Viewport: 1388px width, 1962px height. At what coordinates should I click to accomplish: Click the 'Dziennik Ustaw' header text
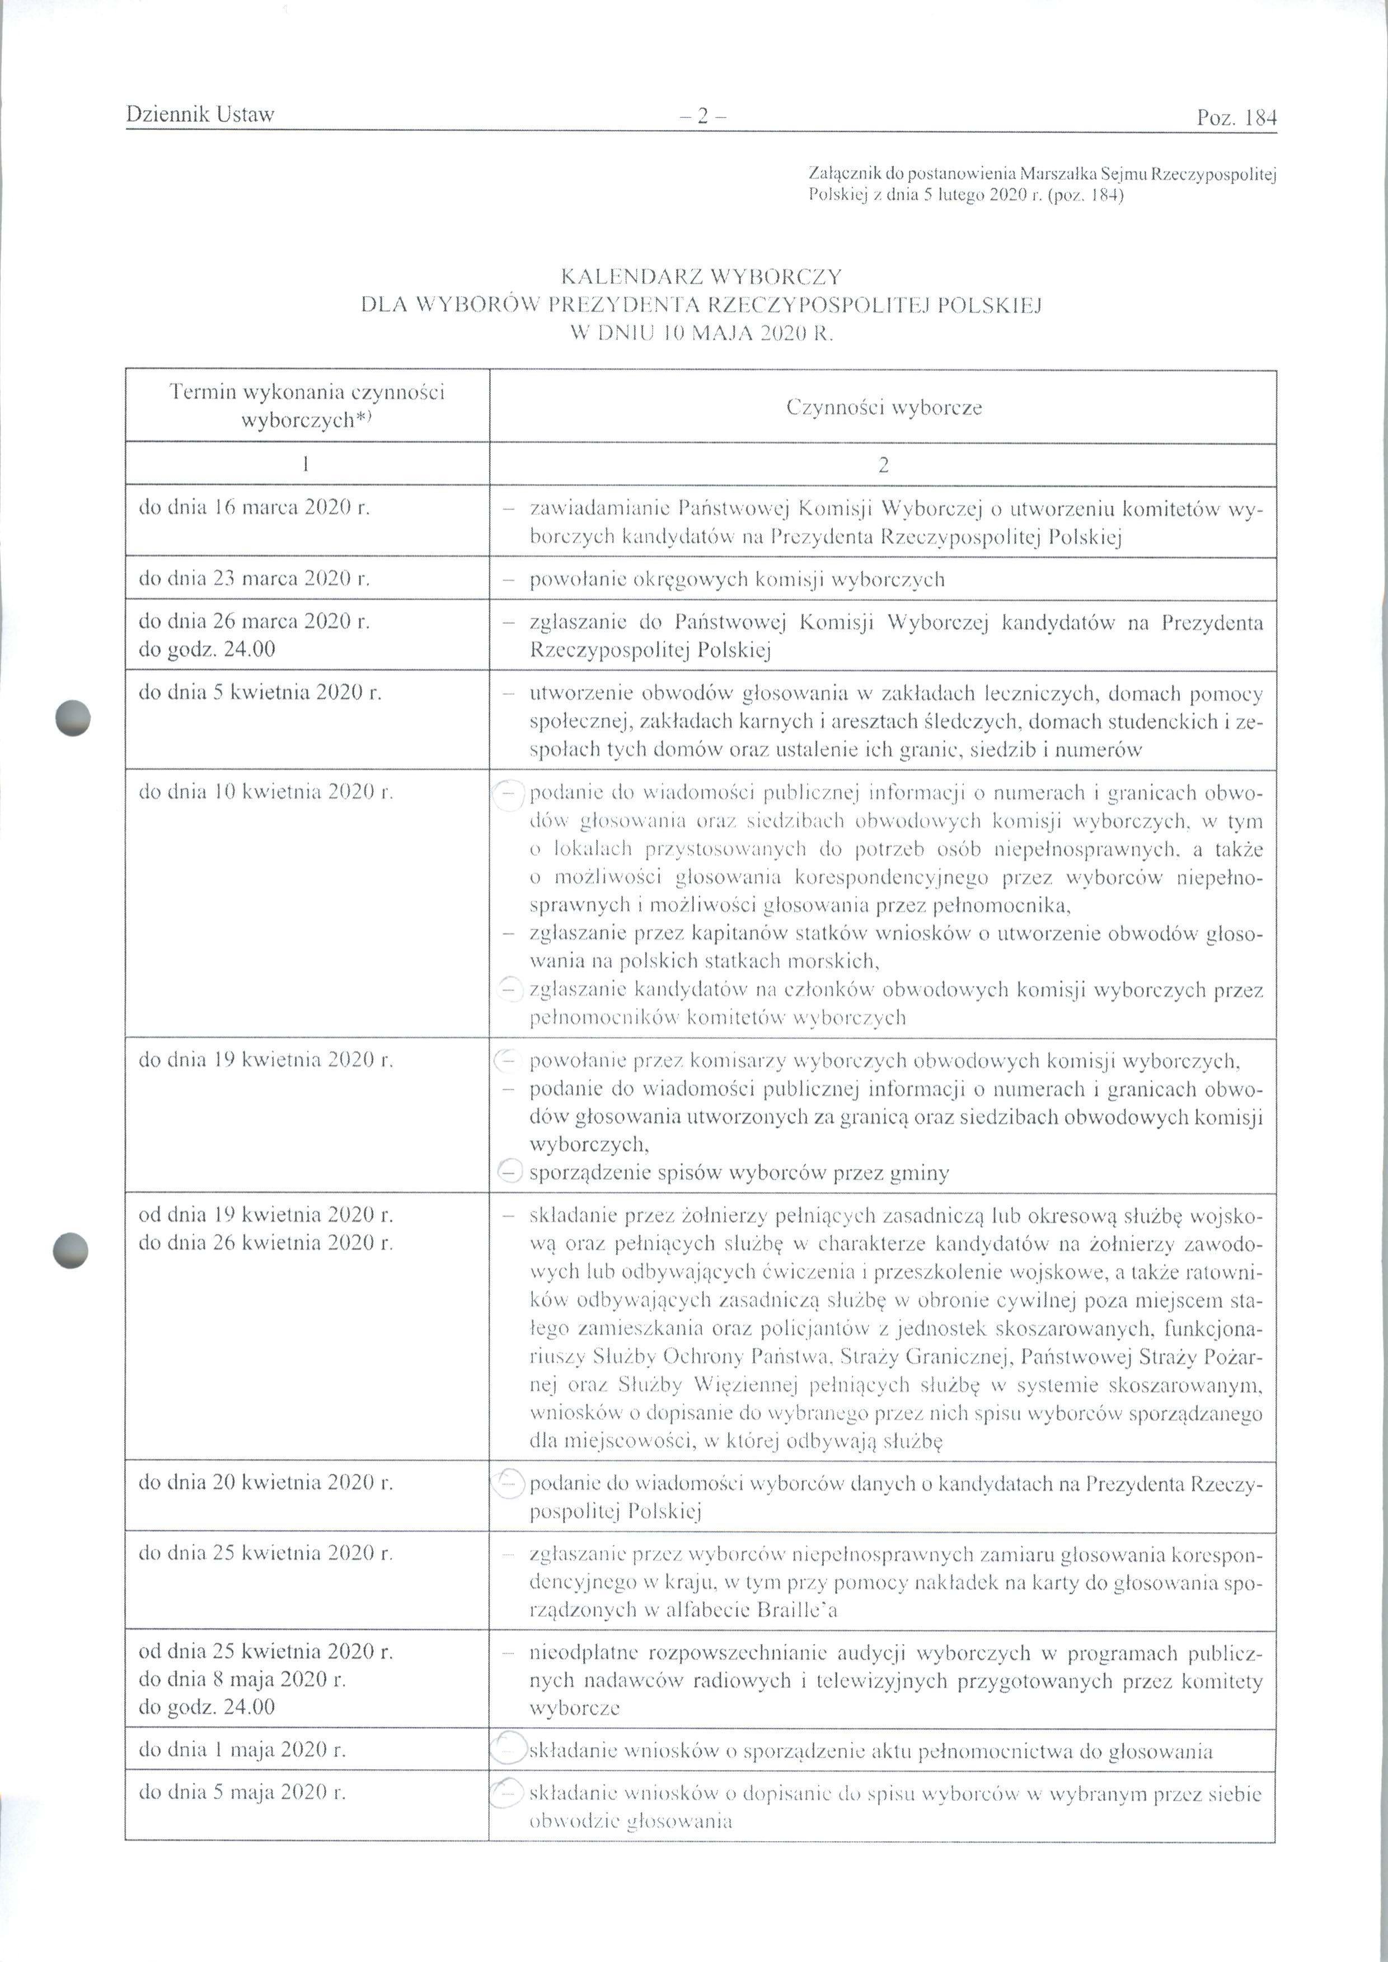click(199, 115)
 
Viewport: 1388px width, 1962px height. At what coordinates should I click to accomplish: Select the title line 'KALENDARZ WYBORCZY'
click(701, 277)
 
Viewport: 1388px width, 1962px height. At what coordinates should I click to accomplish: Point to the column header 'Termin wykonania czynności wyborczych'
click(307, 405)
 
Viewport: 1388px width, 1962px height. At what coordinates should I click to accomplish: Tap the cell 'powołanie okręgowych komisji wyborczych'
click(737, 580)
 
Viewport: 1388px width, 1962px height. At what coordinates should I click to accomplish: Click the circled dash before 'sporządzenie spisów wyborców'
click(509, 1173)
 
